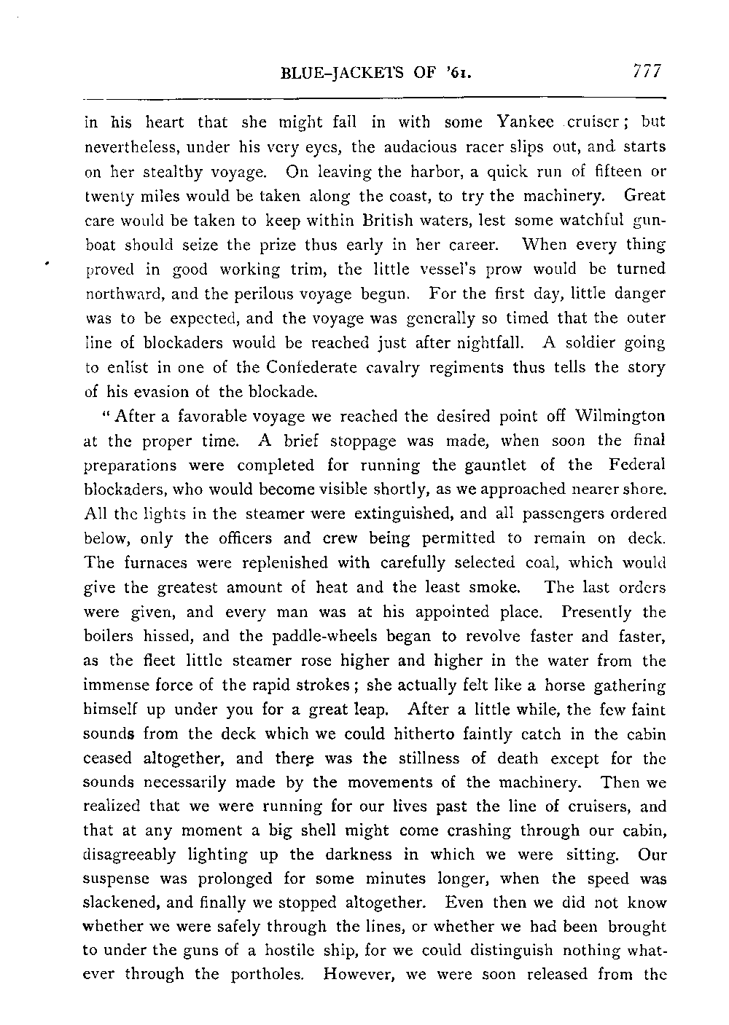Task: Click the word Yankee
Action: (524, 122)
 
